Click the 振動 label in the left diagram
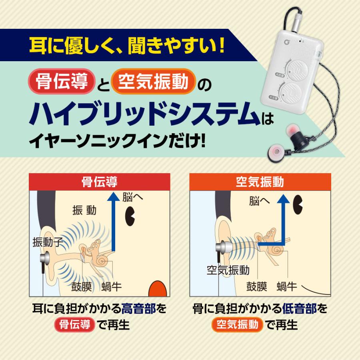(x=84, y=210)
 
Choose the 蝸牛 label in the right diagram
(x=287, y=286)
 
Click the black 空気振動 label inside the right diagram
(x=228, y=270)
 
